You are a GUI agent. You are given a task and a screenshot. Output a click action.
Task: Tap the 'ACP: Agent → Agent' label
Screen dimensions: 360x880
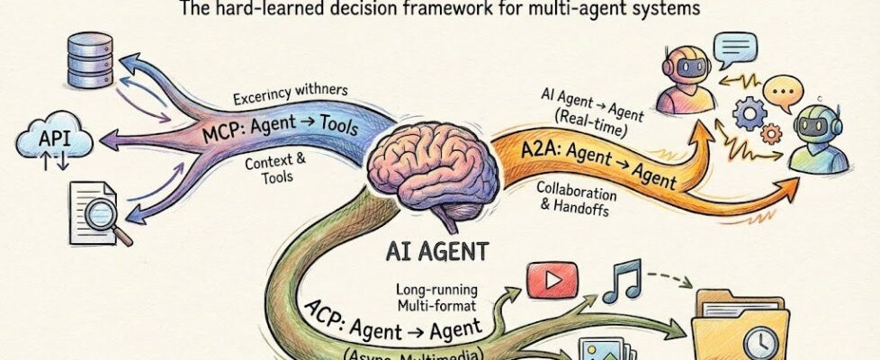click(x=409, y=317)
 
